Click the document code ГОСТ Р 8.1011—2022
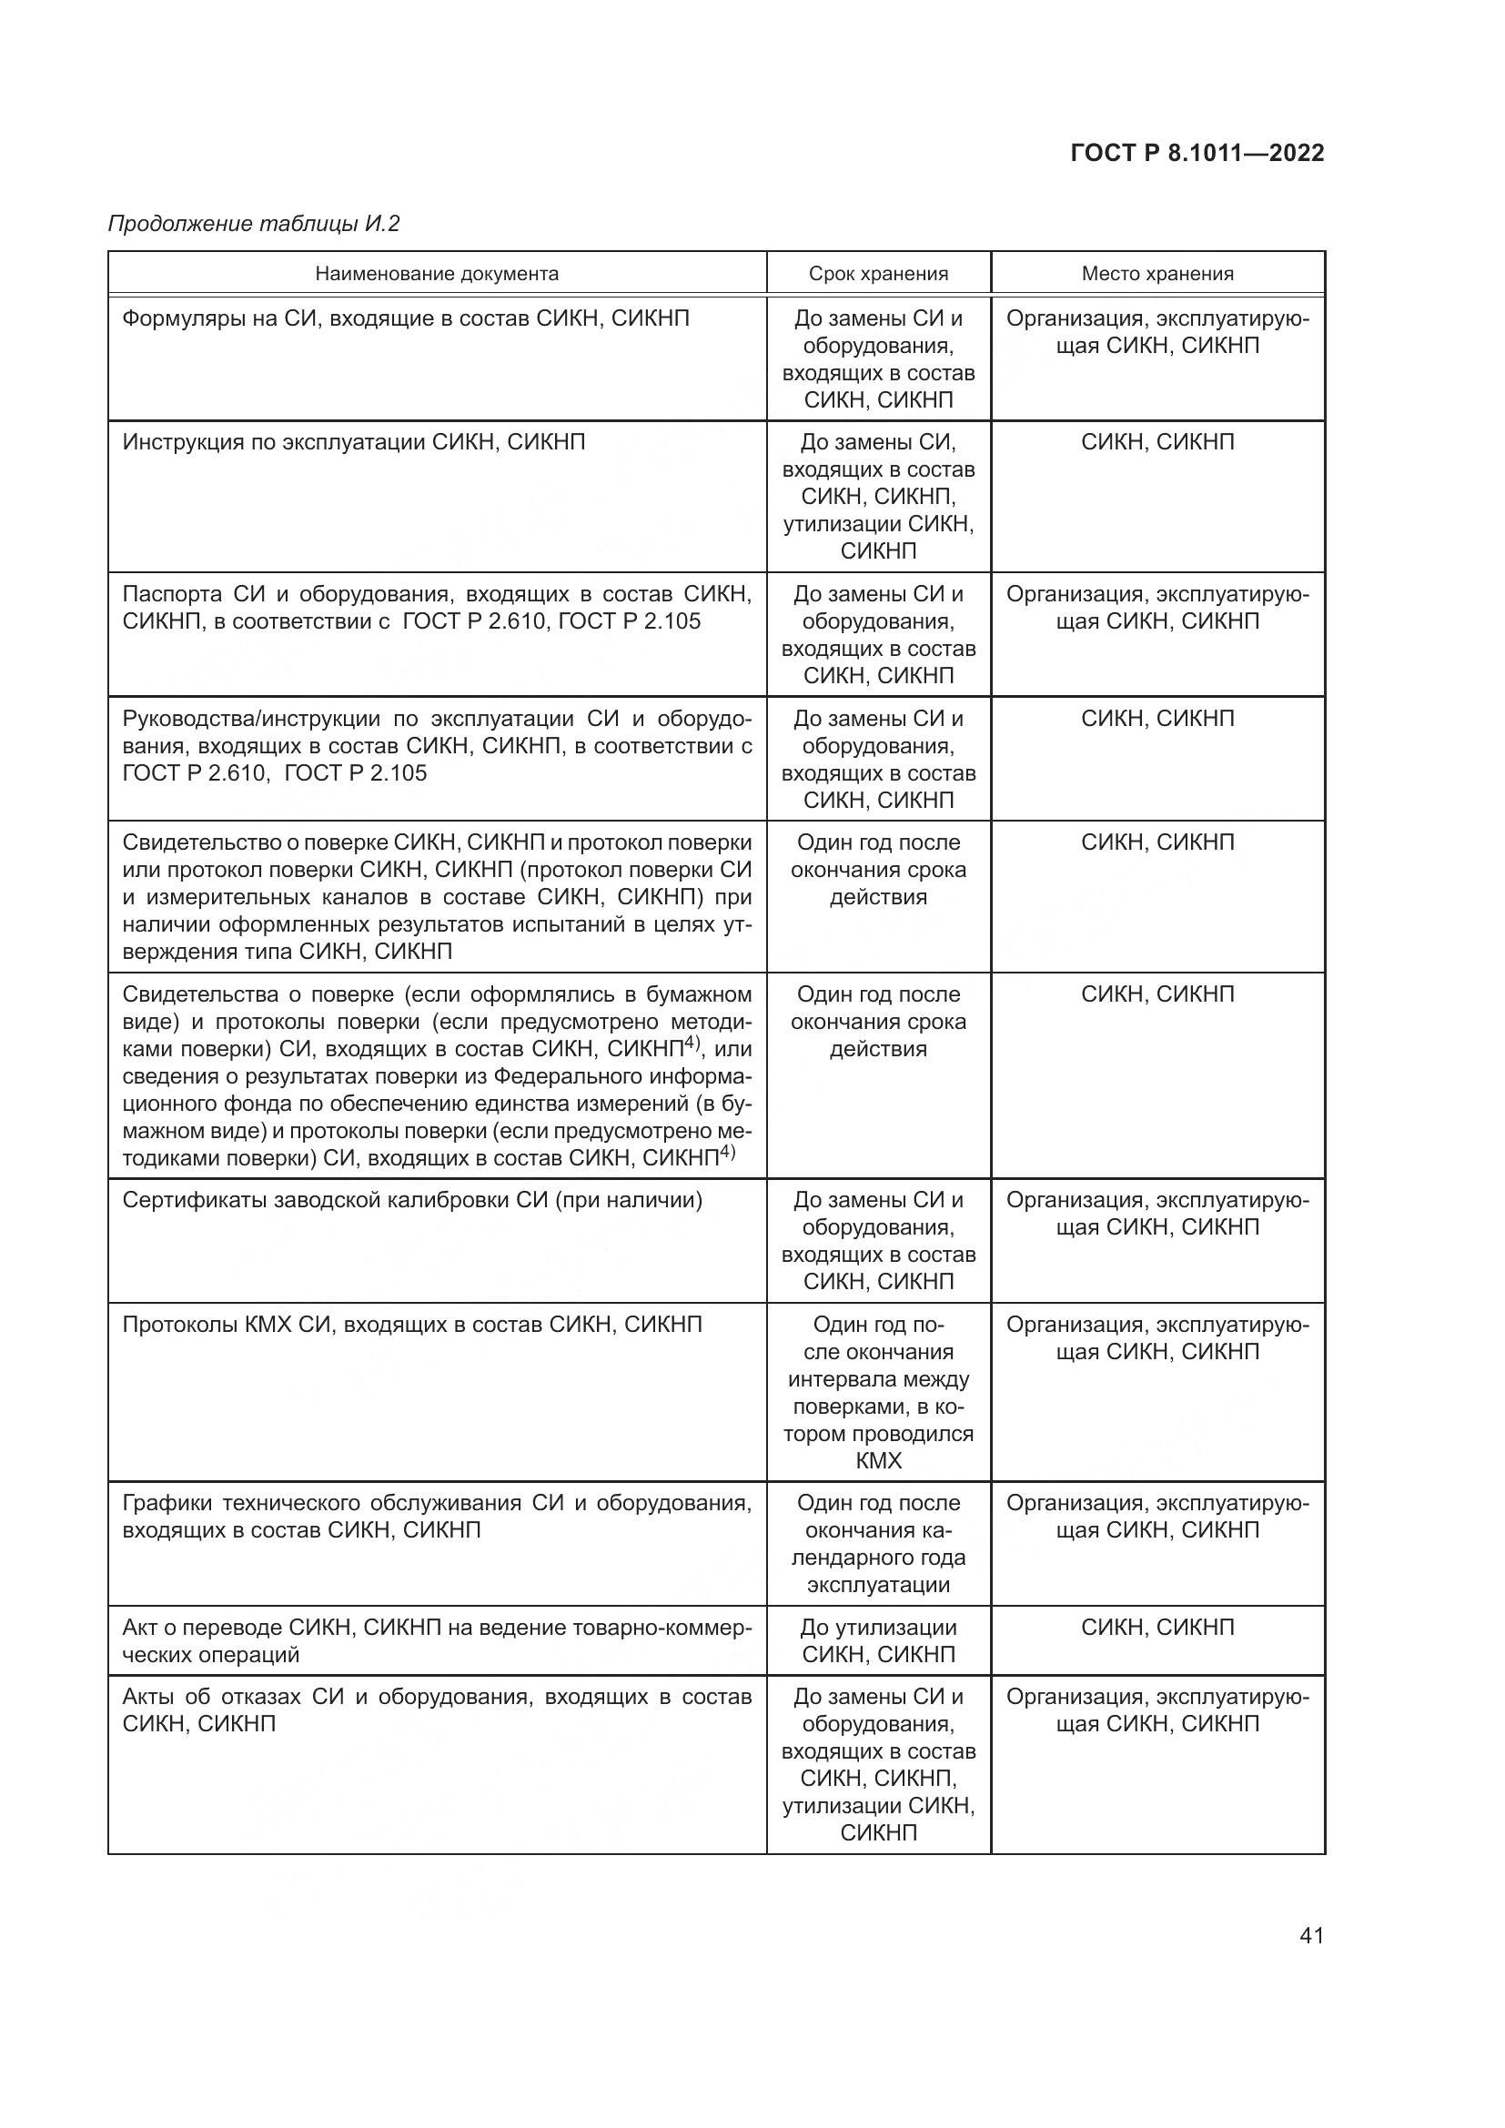[x=1197, y=153]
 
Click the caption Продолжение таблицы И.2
[x=254, y=224]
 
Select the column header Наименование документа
[x=437, y=274]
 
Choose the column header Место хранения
[x=1157, y=274]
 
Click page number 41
[x=1311, y=1935]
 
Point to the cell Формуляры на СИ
[x=405, y=318]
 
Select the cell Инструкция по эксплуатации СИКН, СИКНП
[x=354, y=442]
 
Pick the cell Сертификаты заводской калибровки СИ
[x=412, y=1200]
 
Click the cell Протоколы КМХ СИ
[x=412, y=1325]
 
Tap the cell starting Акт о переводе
[x=436, y=1640]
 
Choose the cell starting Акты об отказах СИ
[x=436, y=1710]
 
